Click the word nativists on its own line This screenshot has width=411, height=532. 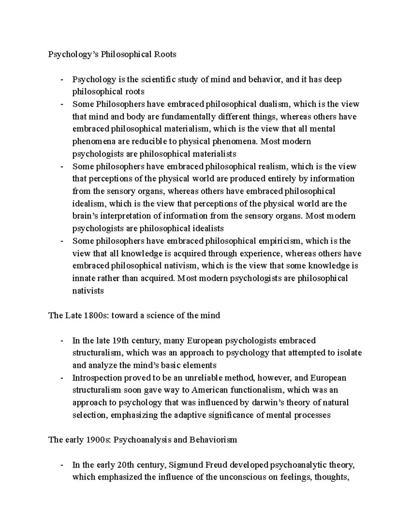click(88, 291)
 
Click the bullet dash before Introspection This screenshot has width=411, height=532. click(62, 378)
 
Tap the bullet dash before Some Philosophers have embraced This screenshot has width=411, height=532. click(62, 104)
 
